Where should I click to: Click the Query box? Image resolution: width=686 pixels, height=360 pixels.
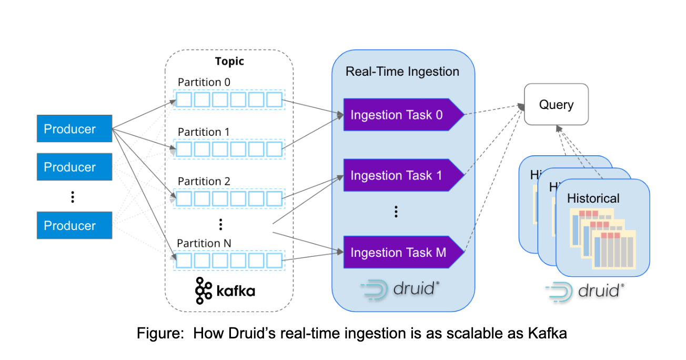click(556, 104)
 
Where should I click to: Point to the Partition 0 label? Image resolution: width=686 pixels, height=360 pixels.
click(204, 82)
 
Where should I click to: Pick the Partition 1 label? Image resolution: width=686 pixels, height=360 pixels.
click(204, 132)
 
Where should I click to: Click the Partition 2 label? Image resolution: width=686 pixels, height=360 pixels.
click(204, 181)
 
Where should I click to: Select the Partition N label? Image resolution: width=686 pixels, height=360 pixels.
click(204, 243)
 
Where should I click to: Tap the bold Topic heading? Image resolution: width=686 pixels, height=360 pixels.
click(229, 61)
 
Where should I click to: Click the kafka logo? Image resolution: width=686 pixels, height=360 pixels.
click(225, 290)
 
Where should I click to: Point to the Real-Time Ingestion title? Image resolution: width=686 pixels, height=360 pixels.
click(402, 72)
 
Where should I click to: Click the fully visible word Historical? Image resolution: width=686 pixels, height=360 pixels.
click(593, 198)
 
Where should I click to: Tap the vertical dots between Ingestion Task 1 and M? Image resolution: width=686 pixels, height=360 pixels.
click(396, 212)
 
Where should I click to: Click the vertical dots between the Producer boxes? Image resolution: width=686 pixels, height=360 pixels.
click(73, 197)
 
